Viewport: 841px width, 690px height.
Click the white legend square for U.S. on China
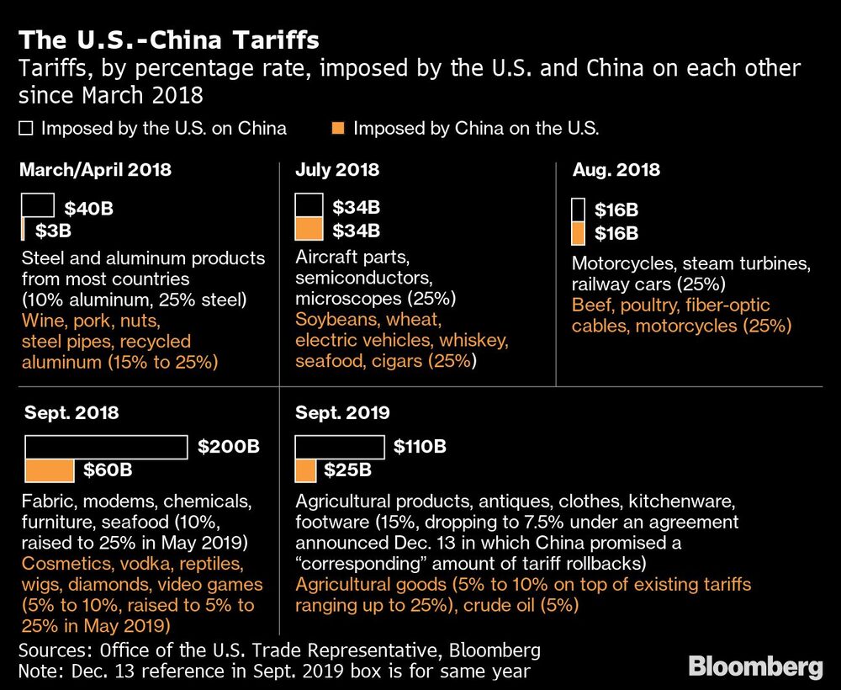tap(26, 129)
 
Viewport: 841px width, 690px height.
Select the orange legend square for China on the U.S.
tap(339, 129)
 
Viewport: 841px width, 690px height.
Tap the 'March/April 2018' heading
tap(95, 170)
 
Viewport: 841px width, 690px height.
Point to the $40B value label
tap(89, 208)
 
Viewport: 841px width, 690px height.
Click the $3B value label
tap(53, 229)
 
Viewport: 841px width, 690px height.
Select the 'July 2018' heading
tap(336, 170)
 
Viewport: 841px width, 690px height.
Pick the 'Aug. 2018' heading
tap(616, 170)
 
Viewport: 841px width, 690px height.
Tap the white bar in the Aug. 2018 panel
tap(578, 210)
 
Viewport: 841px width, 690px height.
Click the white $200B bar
tap(106, 447)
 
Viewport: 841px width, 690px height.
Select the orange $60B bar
tap(50, 470)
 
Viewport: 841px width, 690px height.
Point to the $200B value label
tap(229, 447)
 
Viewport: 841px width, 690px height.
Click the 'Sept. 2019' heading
tap(341, 413)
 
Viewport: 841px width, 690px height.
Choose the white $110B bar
tap(340, 447)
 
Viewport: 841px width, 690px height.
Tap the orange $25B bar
tap(305, 470)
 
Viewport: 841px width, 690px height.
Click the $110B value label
tap(420, 447)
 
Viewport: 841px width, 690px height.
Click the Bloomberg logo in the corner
tap(755, 667)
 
